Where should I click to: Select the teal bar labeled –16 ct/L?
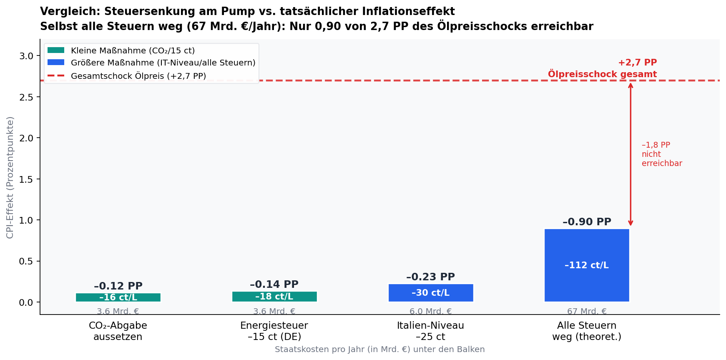tap(118, 297)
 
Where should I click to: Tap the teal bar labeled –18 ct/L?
tap(274, 297)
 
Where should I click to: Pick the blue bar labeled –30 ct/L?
tap(430, 293)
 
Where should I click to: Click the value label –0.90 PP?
tap(586, 222)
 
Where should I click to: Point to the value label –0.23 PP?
tap(430, 277)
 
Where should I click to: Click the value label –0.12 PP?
tap(118, 286)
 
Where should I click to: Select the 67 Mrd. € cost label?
tap(586, 311)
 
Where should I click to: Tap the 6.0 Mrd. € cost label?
tap(430, 311)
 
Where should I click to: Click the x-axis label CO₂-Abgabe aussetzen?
tap(118, 331)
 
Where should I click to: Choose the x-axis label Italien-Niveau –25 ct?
tap(430, 331)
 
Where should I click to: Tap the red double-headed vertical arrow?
tap(631, 154)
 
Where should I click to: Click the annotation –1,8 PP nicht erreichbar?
tap(661, 154)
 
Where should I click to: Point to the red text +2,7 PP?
tap(637, 63)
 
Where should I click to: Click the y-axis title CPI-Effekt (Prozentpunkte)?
tap(10, 177)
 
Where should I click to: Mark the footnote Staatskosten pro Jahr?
tap(379, 350)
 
